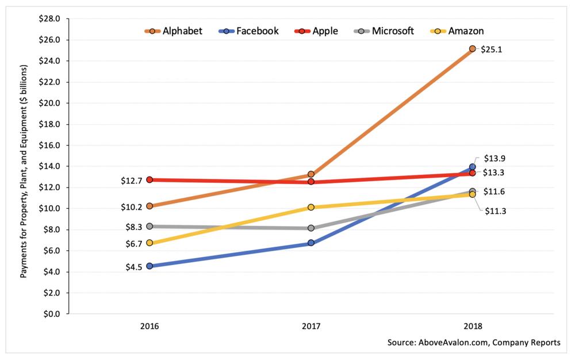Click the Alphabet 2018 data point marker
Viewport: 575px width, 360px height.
[x=472, y=49]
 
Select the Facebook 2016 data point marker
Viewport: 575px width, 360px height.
[x=149, y=266]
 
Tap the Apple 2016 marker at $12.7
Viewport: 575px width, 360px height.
[x=149, y=179]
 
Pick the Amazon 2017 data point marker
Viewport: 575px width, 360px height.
[x=311, y=207]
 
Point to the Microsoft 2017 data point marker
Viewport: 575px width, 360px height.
[x=311, y=228]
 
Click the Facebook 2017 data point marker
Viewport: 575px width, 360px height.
[x=311, y=243]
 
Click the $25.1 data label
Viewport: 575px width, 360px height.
[x=492, y=49]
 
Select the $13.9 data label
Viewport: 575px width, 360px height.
[x=494, y=158]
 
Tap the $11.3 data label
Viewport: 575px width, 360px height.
[x=494, y=211]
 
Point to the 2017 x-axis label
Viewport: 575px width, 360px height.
[x=311, y=325]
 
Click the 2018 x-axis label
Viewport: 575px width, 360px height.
[x=472, y=325]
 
